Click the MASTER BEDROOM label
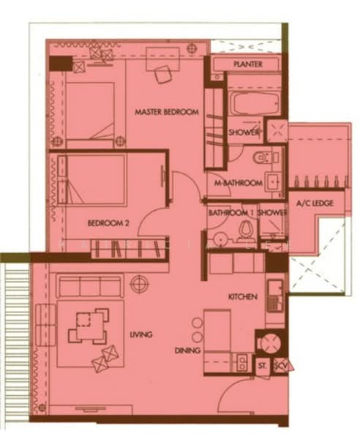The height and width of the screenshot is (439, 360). (167, 112)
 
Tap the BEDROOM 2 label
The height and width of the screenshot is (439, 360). (108, 223)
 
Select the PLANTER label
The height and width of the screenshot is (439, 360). (248, 65)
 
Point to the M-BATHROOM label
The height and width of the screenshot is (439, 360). (233, 183)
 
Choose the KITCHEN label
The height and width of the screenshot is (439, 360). (242, 297)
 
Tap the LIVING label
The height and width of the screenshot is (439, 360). (141, 335)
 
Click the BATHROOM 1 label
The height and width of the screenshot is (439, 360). (230, 213)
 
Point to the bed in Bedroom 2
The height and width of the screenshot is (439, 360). (87, 179)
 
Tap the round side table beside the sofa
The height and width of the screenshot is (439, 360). (138, 282)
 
